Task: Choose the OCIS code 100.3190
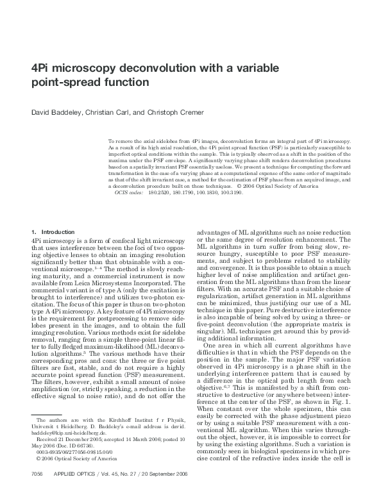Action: (231, 192)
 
